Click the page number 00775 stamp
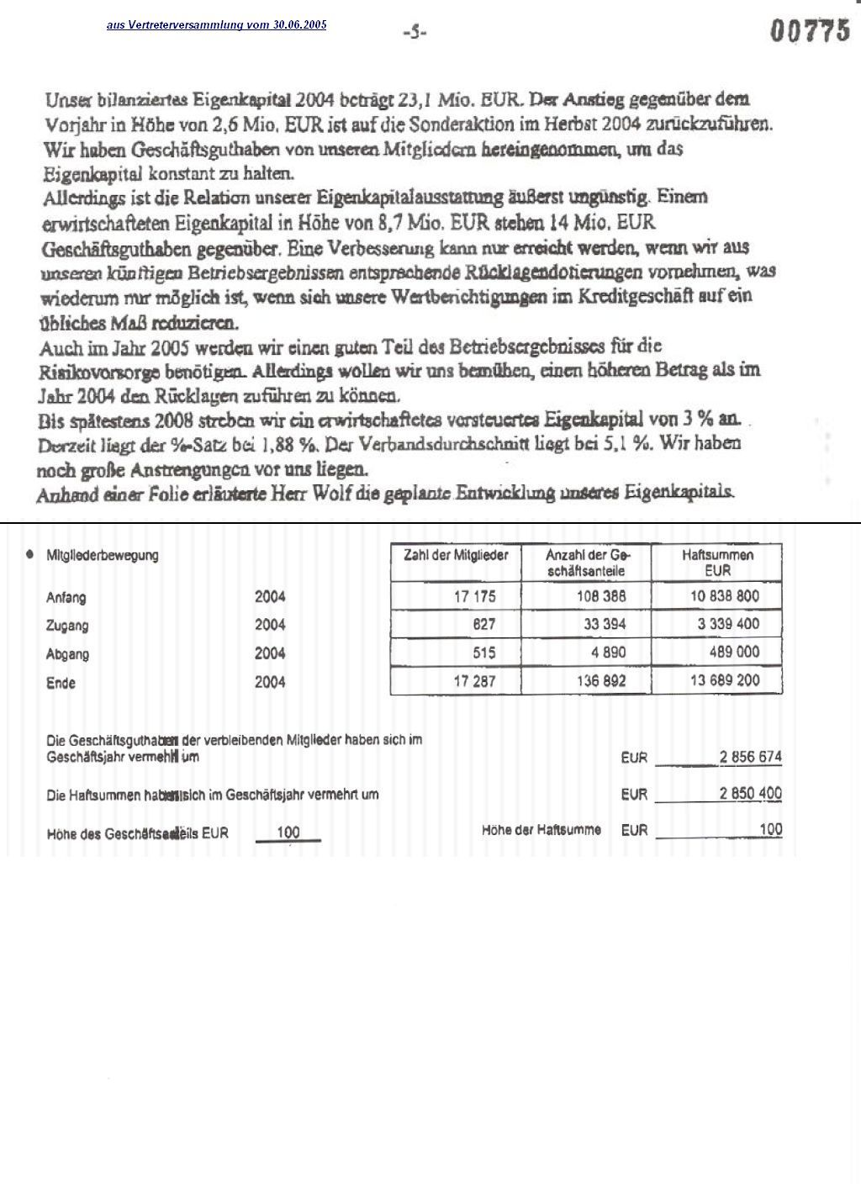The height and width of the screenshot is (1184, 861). click(x=811, y=31)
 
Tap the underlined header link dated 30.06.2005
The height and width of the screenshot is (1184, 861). click(x=216, y=25)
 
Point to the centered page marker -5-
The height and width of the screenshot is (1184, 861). click(x=415, y=33)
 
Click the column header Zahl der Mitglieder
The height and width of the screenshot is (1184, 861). click(x=456, y=556)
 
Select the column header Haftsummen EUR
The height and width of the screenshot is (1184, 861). click(x=717, y=563)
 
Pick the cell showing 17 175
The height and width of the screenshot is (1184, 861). click(x=474, y=596)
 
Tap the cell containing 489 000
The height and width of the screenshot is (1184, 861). click(x=734, y=653)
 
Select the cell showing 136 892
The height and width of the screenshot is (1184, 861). click(x=600, y=681)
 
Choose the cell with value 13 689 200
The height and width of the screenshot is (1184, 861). click(x=724, y=680)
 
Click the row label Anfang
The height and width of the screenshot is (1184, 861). click(x=66, y=598)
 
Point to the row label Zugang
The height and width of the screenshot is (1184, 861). click(x=67, y=626)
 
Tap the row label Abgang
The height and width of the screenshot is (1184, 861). click(x=67, y=654)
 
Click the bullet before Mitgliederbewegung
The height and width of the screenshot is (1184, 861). click(x=30, y=555)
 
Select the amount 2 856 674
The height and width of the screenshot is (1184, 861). click(x=750, y=757)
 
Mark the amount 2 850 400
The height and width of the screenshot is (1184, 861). click(x=750, y=794)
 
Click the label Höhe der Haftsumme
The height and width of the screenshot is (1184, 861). click(x=541, y=830)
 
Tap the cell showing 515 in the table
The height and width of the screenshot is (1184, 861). click(x=483, y=653)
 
